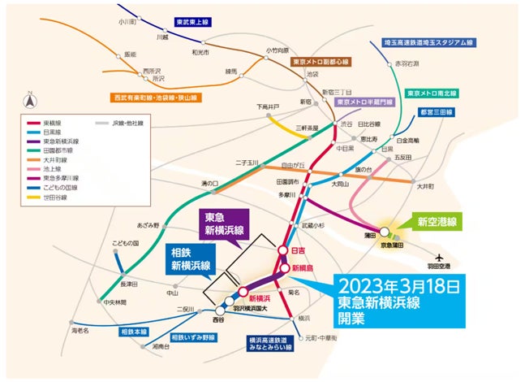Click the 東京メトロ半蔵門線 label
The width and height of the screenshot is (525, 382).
point(365,102)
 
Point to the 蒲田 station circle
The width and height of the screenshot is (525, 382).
point(385,231)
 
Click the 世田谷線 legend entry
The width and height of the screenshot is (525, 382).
point(47,196)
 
